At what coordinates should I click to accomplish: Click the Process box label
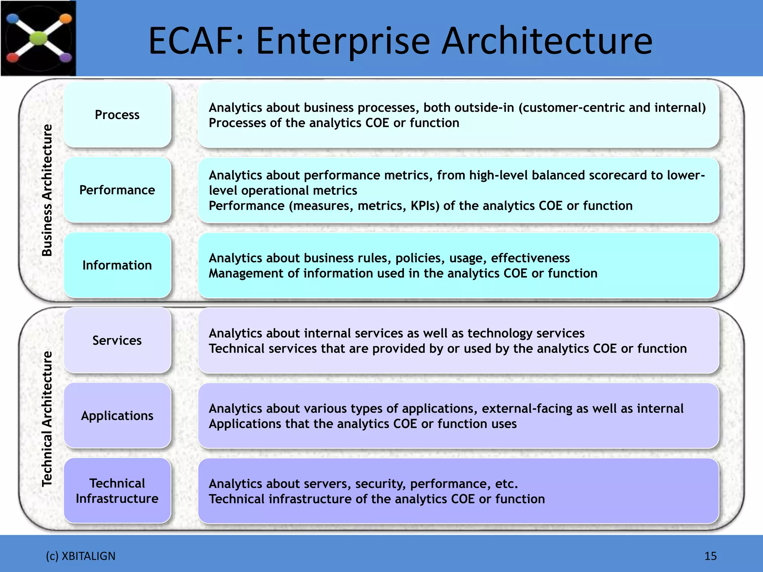(x=117, y=115)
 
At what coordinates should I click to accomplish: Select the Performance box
(x=117, y=190)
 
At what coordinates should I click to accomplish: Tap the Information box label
(x=117, y=265)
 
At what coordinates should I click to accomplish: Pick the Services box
(x=117, y=340)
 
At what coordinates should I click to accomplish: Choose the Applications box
(x=117, y=416)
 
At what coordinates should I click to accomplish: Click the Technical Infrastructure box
(x=117, y=491)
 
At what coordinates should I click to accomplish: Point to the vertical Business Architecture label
(x=47, y=190)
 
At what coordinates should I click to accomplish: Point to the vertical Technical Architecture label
(x=47, y=419)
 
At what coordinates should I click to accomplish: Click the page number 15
(x=710, y=556)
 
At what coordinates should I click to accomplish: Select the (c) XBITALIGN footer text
(x=80, y=556)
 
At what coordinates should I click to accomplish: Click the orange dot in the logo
(x=65, y=18)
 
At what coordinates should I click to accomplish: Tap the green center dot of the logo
(x=38, y=38)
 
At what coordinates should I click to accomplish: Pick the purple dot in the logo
(x=66, y=57)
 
